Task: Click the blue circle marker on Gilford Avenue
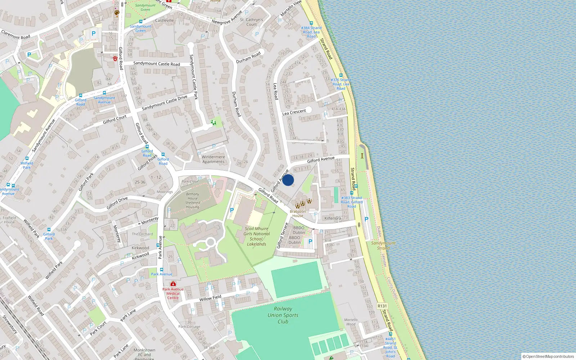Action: click(288, 180)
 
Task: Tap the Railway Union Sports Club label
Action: click(283, 315)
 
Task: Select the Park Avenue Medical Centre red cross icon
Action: click(173, 284)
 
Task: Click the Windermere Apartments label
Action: click(213, 159)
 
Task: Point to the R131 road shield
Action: click(382, 306)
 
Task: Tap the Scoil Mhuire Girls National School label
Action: click(256, 236)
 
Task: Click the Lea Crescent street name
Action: click(294, 112)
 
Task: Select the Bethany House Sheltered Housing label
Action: click(193, 201)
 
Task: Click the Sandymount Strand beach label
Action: click(383, 246)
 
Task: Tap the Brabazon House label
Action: click(298, 213)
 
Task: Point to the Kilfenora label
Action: click(333, 219)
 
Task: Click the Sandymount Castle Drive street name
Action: click(165, 103)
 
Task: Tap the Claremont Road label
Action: click(16, 35)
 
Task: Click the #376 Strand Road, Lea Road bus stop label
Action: click(341, 84)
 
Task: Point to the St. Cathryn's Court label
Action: click(252, 22)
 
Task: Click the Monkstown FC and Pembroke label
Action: click(144, 354)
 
